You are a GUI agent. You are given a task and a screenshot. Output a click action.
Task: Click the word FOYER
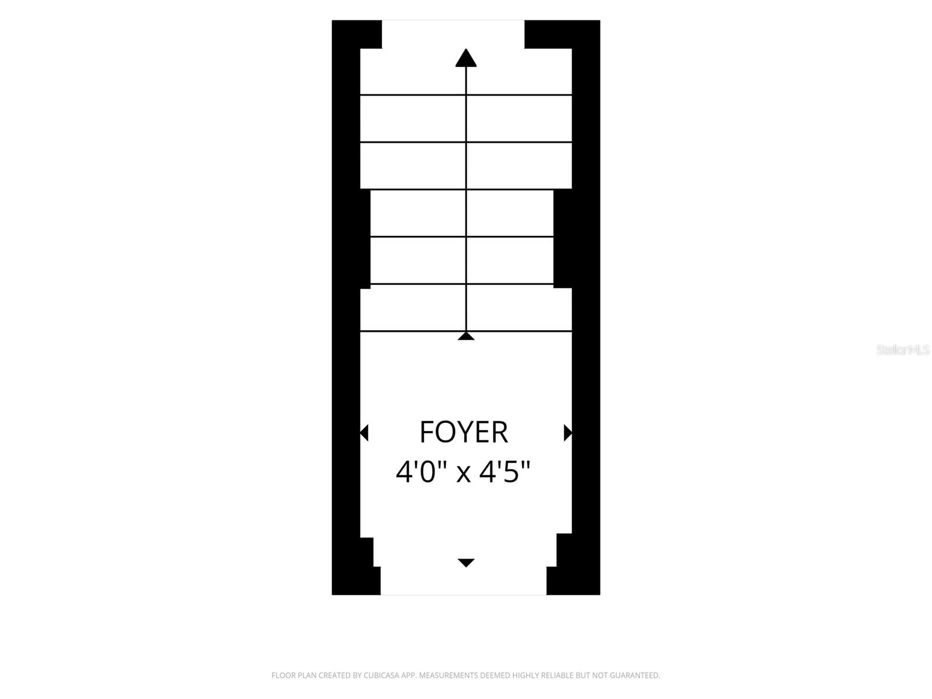463,432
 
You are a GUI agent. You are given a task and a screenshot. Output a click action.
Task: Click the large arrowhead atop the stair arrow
466,58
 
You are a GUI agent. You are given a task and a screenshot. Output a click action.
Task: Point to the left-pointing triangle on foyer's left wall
364,432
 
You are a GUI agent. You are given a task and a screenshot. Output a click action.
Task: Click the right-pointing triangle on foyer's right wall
568,432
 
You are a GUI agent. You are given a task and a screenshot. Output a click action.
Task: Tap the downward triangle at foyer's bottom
466,563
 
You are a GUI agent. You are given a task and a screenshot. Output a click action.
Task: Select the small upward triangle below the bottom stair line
466,336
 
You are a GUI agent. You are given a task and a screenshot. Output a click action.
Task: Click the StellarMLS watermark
903,349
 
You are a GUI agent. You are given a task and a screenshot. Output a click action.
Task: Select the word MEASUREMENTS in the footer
449,675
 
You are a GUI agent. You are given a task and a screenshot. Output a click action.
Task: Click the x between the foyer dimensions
464,474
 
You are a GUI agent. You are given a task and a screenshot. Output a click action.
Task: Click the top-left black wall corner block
356,34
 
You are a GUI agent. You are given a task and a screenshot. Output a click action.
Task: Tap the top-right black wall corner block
562,34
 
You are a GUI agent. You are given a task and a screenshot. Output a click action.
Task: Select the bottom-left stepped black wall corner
356,567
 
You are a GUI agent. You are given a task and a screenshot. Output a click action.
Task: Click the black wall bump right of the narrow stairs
563,239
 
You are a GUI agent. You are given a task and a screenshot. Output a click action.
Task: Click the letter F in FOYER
426,432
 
